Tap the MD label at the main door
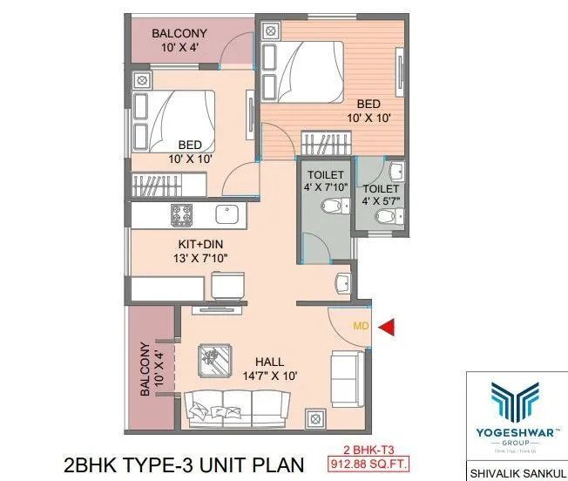[361, 327]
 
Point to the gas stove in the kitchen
[182, 213]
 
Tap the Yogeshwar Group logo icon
[517, 402]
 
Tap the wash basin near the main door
[342, 282]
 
